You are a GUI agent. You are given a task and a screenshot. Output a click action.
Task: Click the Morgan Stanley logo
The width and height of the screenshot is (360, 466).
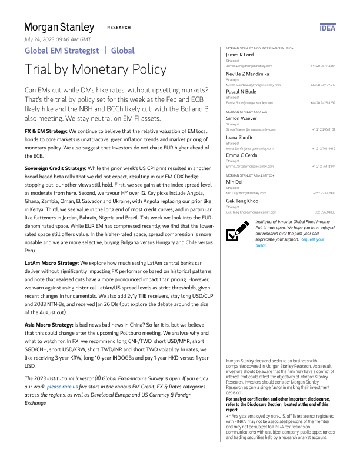[x=59, y=27]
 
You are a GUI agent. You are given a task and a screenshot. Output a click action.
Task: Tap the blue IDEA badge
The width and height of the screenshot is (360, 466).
[x=327, y=28]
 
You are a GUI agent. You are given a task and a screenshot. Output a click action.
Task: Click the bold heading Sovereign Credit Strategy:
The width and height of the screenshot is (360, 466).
[x=55, y=152]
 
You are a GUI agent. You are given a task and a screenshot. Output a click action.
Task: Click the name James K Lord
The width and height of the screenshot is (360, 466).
[x=239, y=55]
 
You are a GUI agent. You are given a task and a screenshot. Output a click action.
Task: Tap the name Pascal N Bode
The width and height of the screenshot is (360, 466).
[x=241, y=92]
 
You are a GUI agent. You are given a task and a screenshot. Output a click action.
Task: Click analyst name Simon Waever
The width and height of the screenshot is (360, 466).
[x=242, y=119]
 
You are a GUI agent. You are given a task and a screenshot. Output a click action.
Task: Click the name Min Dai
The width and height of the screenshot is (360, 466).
[x=235, y=183]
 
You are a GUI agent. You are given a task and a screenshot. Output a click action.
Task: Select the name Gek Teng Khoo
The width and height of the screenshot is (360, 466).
[x=244, y=201]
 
